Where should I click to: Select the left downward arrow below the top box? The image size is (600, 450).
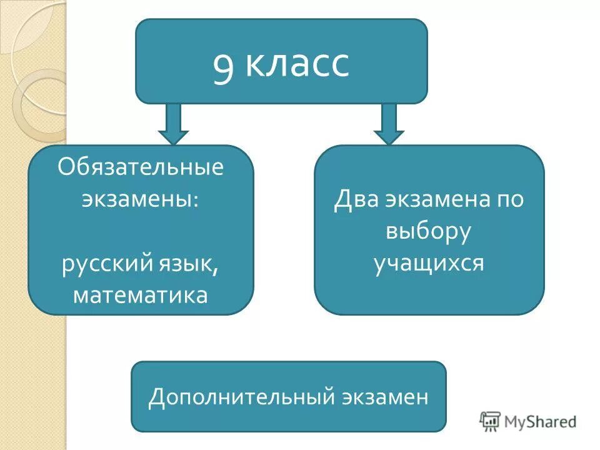pyautogui.click(x=173, y=124)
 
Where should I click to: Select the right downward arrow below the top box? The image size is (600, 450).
pyautogui.click(x=389, y=124)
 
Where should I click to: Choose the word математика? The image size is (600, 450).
pyautogui.click(x=141, y=294)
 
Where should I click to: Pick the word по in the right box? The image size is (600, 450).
pyautogui.click(x=511, y=200)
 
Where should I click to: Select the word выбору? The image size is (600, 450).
pyautogui.click(x=428, y=231)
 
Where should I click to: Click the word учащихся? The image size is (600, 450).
pyautogui.click(x=429, y=263)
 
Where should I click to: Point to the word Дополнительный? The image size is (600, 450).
pyautogui.click(x=242, y=397)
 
